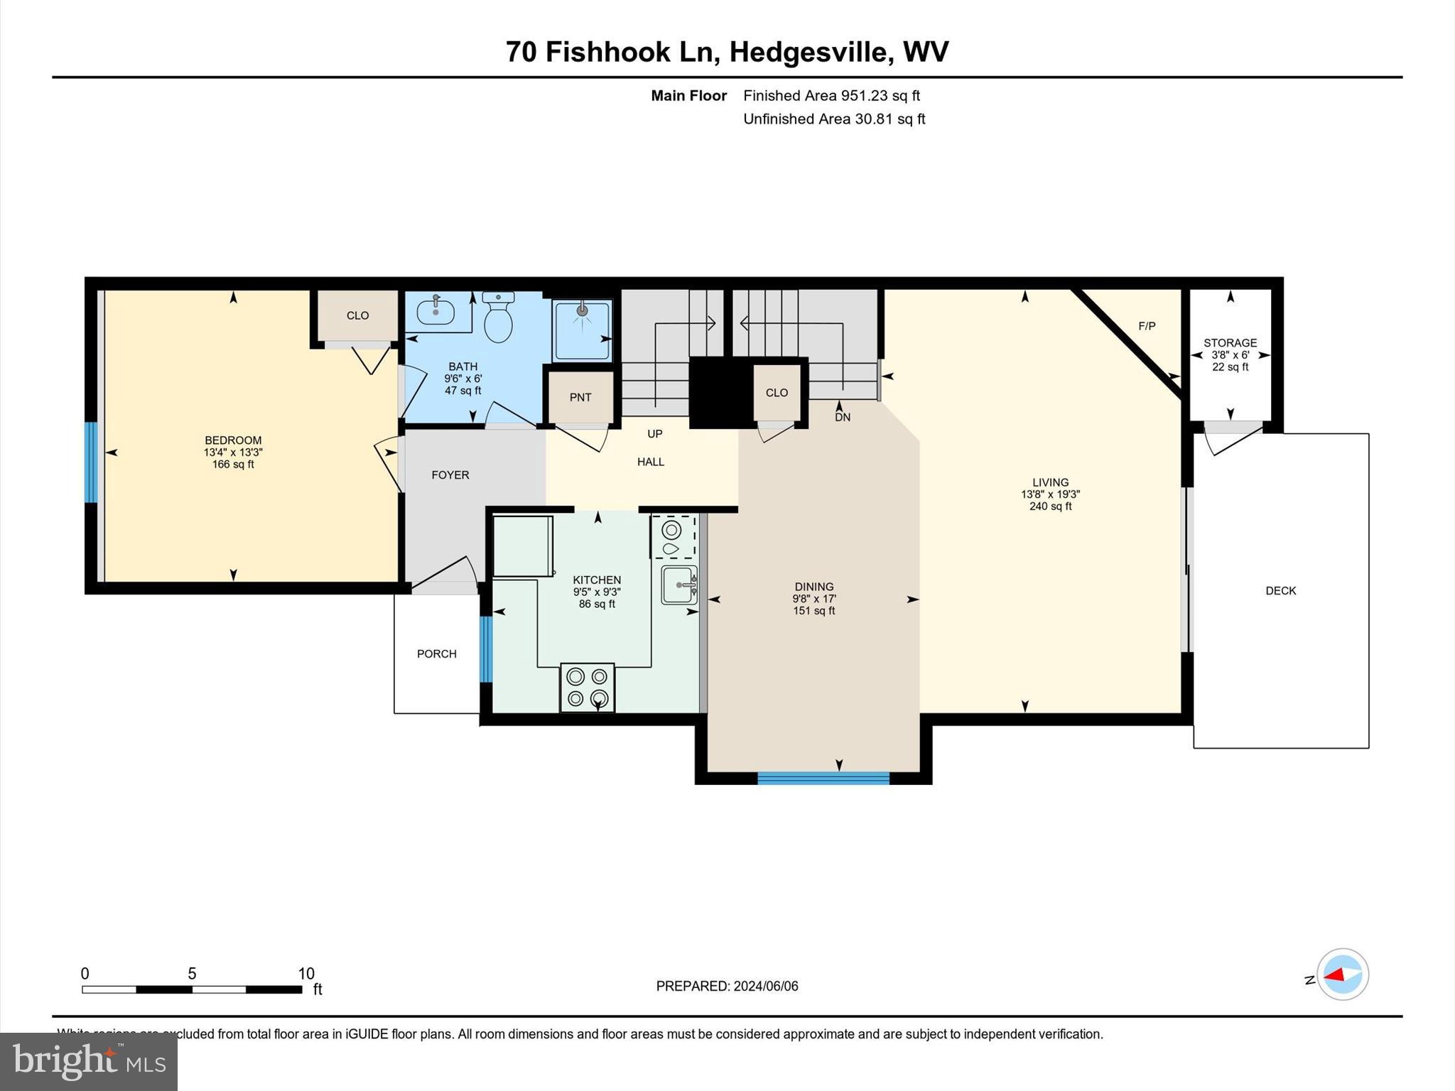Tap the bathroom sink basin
point(435,311)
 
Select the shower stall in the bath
point(582,330)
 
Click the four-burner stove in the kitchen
point(587,688)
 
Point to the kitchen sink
point(678,585)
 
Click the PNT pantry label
point(580,398)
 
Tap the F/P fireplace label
point(1147,326)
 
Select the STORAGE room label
point(1230,342)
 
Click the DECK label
point(1280,591)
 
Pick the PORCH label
point(436,654)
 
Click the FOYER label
point(450,475)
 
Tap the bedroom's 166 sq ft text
point(233,465)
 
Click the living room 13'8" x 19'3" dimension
point(1050,494)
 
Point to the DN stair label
point(843,418)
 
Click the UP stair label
point(654,434)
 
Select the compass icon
point(1342,975)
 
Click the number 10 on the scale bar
point(305,974)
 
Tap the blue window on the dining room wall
point(823,778)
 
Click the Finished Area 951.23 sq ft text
point(831,95)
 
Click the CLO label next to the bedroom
point(357,315)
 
